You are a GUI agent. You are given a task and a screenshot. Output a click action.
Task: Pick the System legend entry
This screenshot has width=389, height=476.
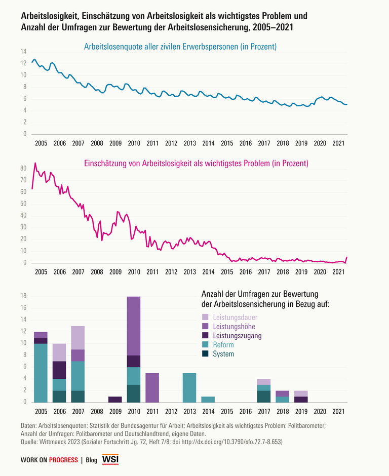[224, 354]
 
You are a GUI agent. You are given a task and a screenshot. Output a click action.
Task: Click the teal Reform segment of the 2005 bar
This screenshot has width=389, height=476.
[41, 373]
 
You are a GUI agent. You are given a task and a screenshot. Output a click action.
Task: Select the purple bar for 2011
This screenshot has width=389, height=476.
[152, 387]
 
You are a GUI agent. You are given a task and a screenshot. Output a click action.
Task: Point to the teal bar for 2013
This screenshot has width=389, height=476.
[189, 387]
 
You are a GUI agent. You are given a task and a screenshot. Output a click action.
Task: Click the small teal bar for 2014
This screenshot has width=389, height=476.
[208, 399]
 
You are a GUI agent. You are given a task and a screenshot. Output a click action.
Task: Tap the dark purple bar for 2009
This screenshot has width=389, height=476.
[115, 399]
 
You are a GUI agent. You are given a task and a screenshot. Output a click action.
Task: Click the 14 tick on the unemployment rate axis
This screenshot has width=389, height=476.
[23, 52]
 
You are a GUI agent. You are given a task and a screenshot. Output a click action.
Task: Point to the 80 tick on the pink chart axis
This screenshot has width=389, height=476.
[23, 169]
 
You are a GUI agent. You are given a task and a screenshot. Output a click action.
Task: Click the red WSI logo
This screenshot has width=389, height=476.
[110, 459]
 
